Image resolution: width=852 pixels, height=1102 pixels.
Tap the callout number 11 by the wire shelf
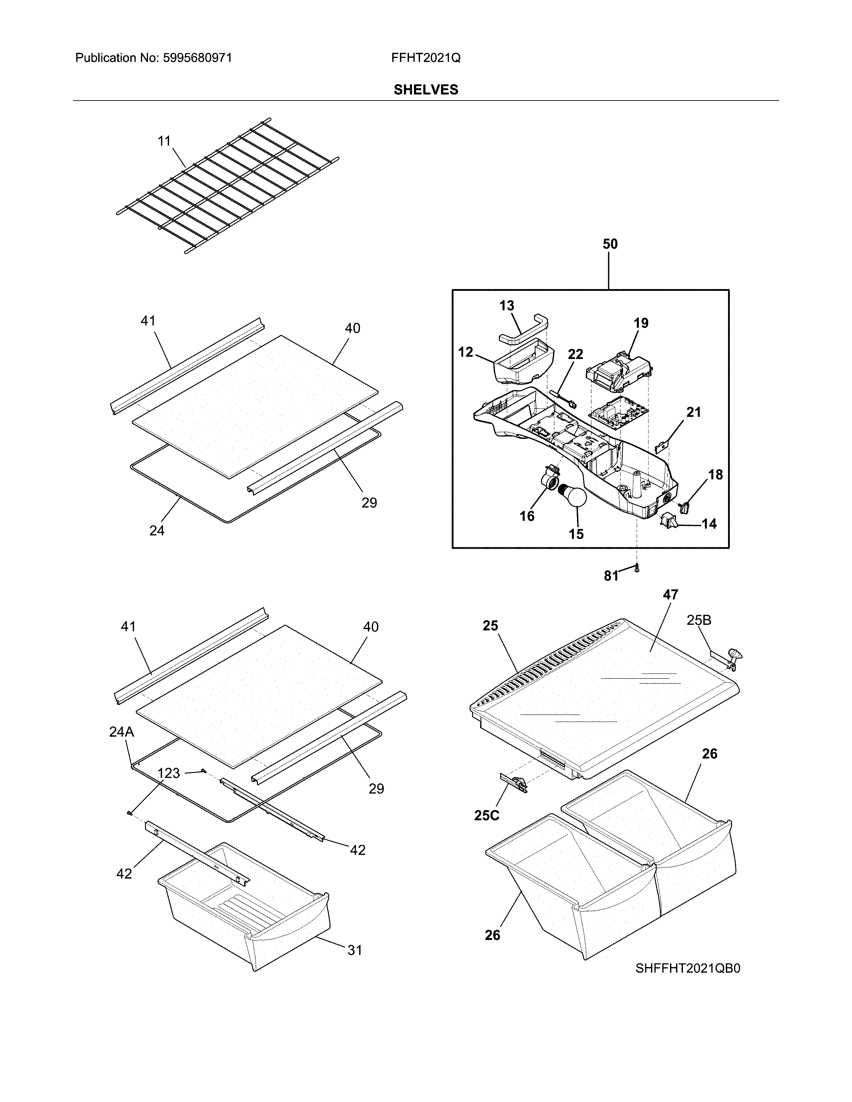[164, 141]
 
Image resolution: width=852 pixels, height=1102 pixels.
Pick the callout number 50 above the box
[610, 244]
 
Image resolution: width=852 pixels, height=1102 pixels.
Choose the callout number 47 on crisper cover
[670, 594]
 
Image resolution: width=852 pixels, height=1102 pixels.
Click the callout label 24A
[122, 732]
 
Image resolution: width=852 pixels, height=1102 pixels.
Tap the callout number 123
[169, 773]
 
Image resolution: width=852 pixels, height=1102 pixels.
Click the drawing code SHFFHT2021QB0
[688, 968]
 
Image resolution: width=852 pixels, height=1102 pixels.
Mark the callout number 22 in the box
[575, 354]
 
